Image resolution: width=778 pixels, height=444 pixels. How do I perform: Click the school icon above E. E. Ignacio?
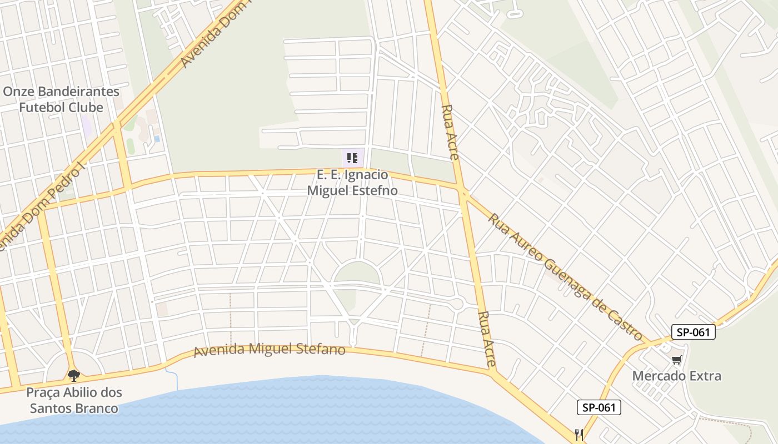pos(352,158)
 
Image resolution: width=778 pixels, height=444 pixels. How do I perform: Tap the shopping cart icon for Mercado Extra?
pos(676,361)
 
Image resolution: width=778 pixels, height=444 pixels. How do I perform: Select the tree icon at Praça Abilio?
pos(73,376)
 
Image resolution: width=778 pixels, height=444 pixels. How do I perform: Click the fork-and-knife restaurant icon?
pos(579,433)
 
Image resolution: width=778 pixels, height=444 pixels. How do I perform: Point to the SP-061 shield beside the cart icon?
pos(692,332)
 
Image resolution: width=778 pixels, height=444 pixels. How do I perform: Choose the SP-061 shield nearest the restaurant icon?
pos(598,407)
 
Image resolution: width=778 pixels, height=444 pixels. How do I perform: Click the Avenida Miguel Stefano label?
pos(270,350)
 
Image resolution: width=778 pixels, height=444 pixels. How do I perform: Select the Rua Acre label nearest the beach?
pos(487,339)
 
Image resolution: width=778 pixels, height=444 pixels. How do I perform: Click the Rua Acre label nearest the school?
pos(450,132)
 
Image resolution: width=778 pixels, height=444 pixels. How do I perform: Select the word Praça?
pos(43,393)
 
